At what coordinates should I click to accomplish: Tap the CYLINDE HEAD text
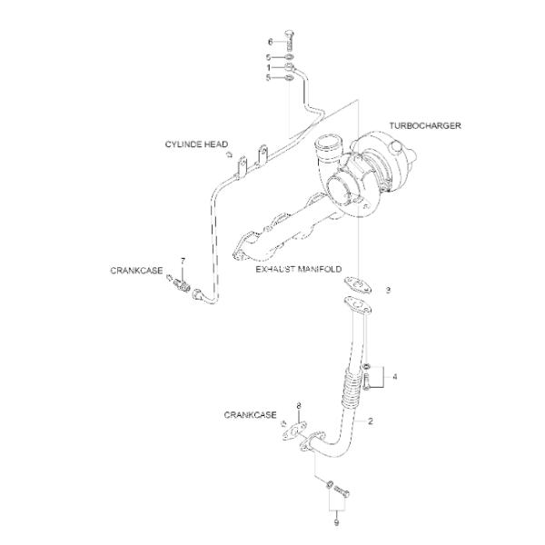click(196, 144)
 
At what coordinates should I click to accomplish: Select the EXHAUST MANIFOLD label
click(298, 270)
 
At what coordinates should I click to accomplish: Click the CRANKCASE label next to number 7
click(136, 270)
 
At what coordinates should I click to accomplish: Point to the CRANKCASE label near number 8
click(250, 414)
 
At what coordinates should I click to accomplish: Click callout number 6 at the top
click(269, 42)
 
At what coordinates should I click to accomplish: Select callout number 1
click(269, 66)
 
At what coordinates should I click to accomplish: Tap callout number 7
click(183, 261)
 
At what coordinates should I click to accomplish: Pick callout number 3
click(388, 290)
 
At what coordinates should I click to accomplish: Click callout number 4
click(394, 374)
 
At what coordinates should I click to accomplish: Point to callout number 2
click(371, 422)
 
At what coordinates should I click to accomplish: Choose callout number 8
click(299, 404)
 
